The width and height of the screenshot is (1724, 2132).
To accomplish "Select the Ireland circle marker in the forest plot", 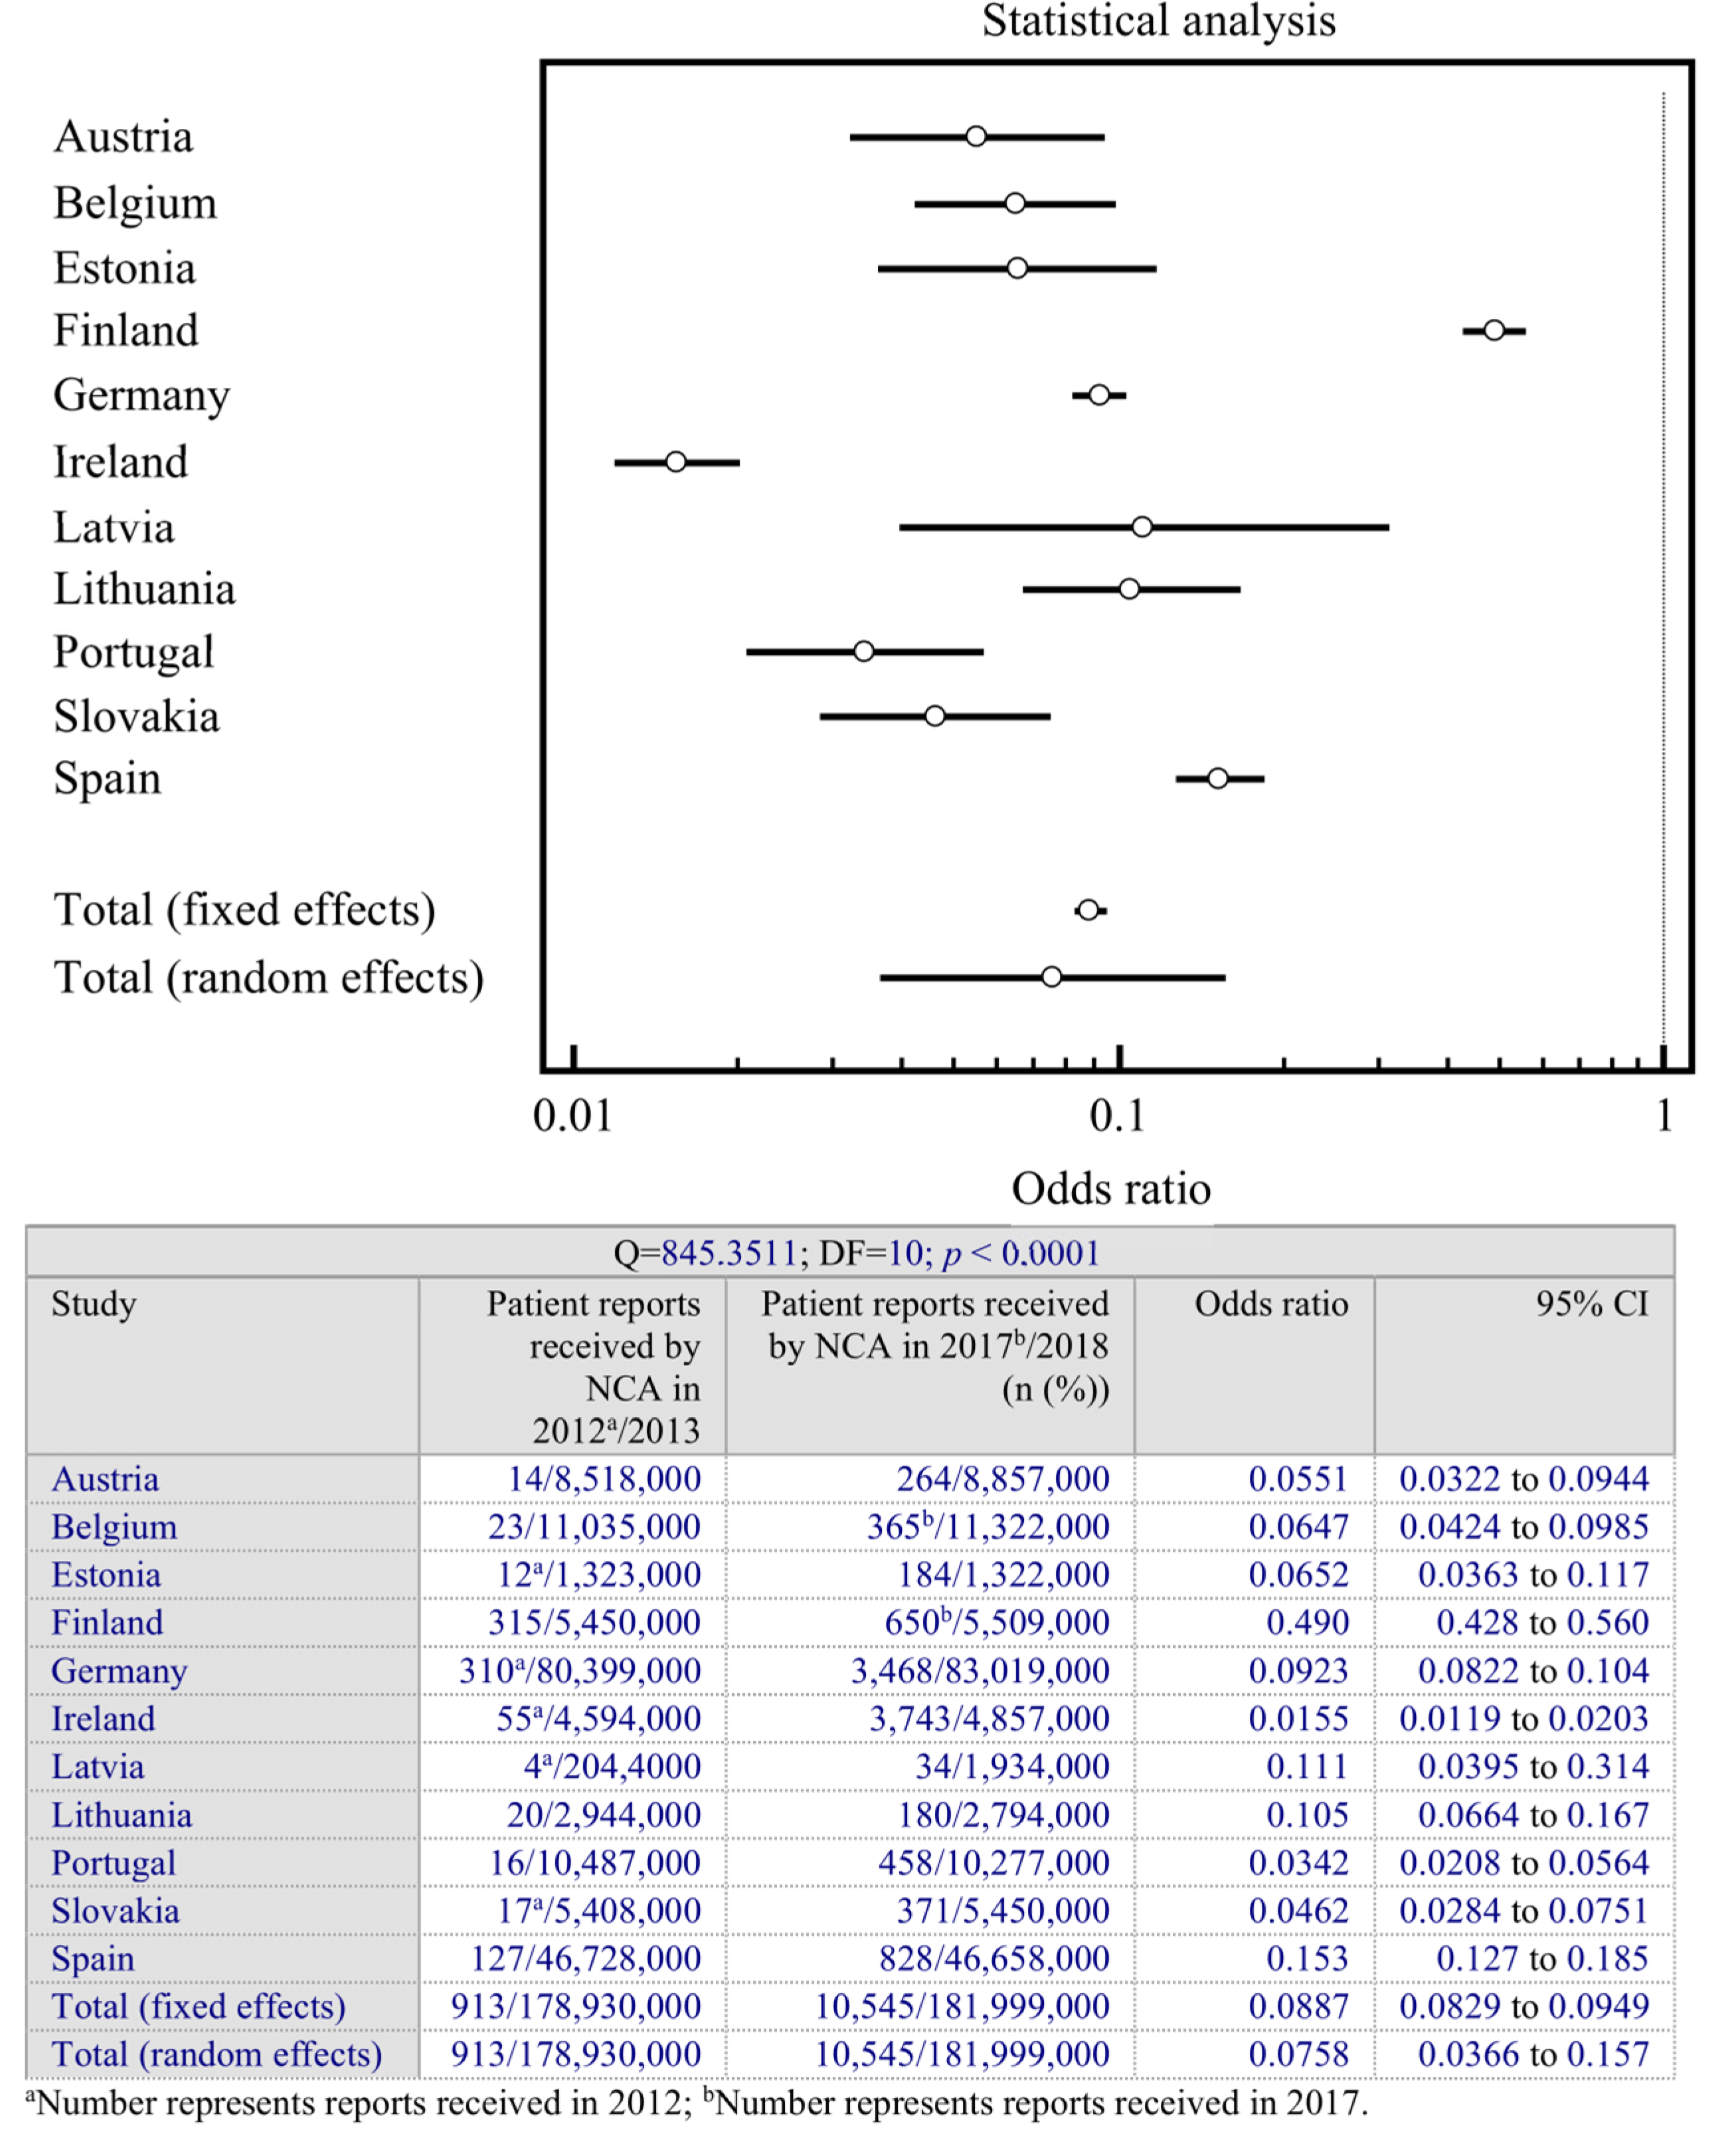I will coord(675,462).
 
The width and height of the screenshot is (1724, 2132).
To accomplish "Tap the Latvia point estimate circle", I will coord(1142,526).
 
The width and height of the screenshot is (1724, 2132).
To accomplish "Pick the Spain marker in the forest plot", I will coord(1217,778).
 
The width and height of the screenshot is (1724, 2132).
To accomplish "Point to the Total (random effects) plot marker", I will coord(1052,977).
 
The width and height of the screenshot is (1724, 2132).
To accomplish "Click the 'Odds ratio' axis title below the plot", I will coord(1110,1189).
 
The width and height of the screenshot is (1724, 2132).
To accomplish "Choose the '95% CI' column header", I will coord(1592,1304).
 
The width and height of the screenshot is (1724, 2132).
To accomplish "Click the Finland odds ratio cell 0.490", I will coord(1307,1623).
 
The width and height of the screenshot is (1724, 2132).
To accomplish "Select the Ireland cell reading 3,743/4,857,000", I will coord(989,1719).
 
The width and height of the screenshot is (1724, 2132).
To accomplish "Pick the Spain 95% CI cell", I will coord(1542,1958).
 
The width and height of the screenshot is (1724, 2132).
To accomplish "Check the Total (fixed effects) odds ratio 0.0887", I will coord(1298,2006).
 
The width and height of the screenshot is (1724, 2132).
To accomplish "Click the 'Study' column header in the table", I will coord(94,1304).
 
